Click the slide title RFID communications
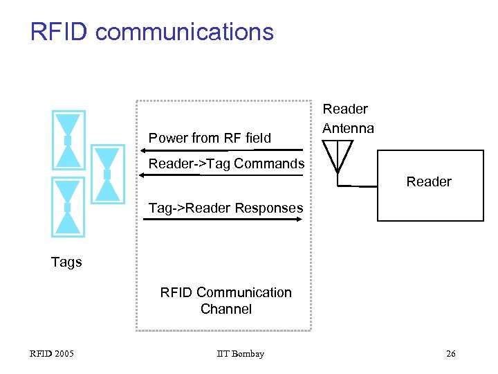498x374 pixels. [151, 32]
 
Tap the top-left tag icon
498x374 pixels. [68, 140]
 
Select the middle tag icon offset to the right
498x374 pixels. [107, 174]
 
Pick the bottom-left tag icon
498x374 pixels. [68, 206]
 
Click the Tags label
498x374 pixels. [66, 262]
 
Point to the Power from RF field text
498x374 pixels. [210, 138]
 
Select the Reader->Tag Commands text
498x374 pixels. [226, 163]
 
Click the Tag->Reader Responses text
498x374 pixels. [226, 208]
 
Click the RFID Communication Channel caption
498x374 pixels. [225, 301]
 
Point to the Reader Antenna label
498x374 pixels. [349, 118]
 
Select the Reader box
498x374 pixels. [430, 182]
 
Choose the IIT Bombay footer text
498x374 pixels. [240, 354]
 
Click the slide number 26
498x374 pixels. [450, 354]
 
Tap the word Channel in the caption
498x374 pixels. [225, 309]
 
